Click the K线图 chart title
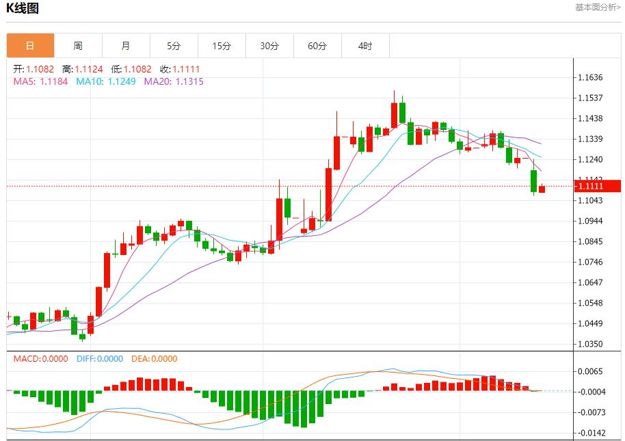tap(22, 9)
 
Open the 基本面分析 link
tap(598, 8)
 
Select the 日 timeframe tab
tap(30, 46)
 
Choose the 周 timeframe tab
tap(78, 46)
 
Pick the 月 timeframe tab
tap(126, 46)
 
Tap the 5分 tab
tap(174, 46)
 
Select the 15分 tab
tap(222, 46)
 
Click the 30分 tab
tap(269, 46)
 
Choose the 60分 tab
tap(317, 46)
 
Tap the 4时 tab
tap(365, 46)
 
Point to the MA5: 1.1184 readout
tap(41, 81)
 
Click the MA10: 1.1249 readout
tap(106, 81)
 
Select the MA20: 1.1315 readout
tap(174, 81)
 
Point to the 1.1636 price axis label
tap(591, 78)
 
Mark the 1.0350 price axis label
tap(591, 344)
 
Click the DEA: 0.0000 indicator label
tap(154, 359)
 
